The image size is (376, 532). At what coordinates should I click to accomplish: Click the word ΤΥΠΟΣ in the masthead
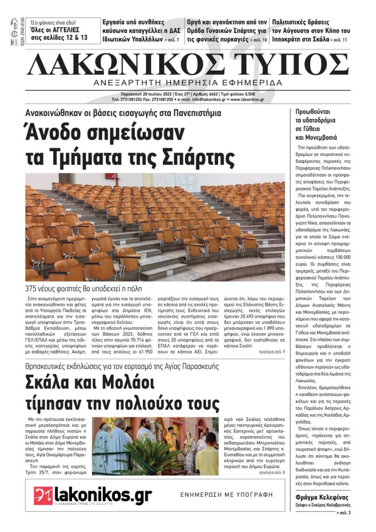[295, 65]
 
